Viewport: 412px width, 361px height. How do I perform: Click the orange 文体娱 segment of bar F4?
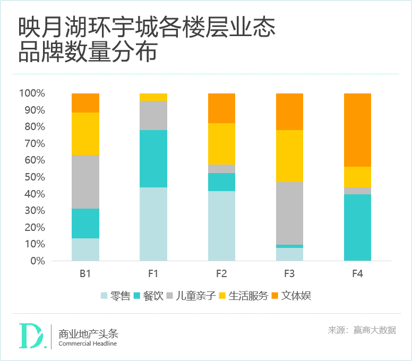pos(357,130)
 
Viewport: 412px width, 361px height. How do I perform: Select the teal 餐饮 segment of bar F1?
pos(153,159)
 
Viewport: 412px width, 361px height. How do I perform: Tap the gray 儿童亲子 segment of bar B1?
pos(85,182)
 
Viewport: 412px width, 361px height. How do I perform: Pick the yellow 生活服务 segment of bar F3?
pos(289,156)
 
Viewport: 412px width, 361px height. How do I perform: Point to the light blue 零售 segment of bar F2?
pos(221,226)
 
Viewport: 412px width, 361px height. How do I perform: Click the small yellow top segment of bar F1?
pos(153,97)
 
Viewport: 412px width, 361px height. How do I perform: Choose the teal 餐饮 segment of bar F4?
pos(357,227)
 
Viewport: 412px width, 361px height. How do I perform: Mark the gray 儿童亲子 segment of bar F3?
pos(289,213)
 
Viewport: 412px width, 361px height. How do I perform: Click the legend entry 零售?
pos(114,296)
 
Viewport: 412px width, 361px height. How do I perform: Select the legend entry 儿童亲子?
pos(191,296)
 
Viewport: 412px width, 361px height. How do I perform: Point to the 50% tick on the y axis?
pos(33,177)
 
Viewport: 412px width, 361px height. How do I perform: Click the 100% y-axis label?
pos(32,93)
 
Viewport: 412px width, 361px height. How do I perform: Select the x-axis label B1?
pos(85,274)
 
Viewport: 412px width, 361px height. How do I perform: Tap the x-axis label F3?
pos(289,274)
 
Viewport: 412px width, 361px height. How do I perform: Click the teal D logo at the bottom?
pos(31,336)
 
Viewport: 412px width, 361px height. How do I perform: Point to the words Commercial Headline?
pos(88,343)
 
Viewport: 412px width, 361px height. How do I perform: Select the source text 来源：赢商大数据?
pos(362,330)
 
